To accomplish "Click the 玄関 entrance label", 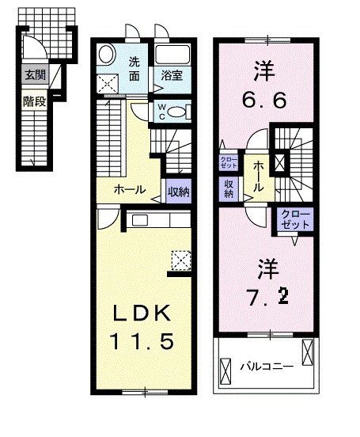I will tap(33, 76).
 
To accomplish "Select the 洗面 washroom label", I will tap(135, 68).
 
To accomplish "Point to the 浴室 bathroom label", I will tap(173, 77).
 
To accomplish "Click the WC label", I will tap(161, 111).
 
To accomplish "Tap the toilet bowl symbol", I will tap(180, 112).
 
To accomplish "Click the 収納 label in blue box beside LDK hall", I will tap(178, 190).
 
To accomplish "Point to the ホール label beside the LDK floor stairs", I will tap(129, 190).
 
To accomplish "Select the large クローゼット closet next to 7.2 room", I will tap(294, 219).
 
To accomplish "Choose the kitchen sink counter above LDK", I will tap(150, 221).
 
